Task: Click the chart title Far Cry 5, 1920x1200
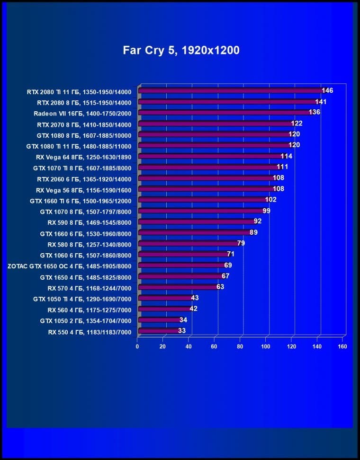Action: [181, 50]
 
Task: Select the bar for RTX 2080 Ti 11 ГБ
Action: [230, 91]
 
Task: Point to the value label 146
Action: [327, 90]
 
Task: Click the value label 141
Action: [321, 101]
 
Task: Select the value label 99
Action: [266, 211]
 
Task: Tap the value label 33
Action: [182, 331]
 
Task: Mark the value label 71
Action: [231, 254]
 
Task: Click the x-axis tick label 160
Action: [342, 346]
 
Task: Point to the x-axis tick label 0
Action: [137, 346]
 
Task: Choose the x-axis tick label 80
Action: [240, 346]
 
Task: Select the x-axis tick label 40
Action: [189, 346]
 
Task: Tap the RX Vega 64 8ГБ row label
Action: [83, 157]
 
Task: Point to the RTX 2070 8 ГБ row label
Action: [84, 124]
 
